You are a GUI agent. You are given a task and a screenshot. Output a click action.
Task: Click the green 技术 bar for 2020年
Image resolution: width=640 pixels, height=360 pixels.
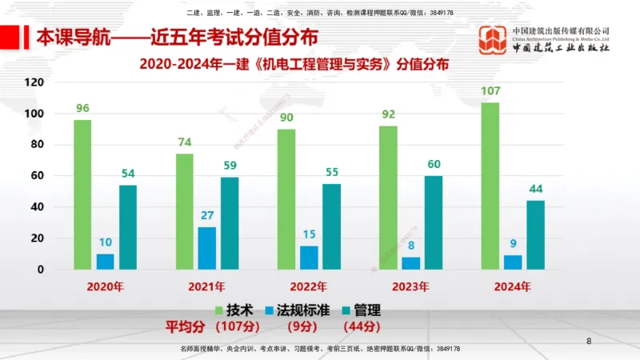pos(82,194)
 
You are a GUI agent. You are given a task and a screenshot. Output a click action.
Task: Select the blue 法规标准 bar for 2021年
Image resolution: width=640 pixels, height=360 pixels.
pos(206,248)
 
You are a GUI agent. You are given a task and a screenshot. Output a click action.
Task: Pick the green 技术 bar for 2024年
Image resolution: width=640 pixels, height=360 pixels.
pos(490,186)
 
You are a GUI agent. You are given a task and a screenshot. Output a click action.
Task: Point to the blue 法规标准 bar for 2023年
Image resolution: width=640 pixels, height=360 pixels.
pos(410,262)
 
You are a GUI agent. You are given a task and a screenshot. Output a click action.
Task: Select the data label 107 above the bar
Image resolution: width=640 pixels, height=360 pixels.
pos(490,91)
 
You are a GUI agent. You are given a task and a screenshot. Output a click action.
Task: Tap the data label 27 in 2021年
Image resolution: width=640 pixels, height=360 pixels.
pos(206,215)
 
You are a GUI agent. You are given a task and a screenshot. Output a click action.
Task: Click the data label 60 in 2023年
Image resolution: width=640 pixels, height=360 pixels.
pos(433,164)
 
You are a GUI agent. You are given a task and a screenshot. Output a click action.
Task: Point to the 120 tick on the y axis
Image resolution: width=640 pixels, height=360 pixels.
pos(34,82)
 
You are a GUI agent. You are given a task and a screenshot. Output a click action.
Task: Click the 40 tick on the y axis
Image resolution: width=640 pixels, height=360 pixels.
pos(37,207)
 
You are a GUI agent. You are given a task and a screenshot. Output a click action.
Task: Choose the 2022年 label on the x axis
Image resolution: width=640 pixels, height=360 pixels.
pos(308,286)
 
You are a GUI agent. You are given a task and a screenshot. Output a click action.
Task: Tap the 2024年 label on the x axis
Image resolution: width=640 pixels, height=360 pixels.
pos(512,286)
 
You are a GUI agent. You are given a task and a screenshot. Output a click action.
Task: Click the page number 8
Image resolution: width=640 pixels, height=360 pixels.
pos(589,342)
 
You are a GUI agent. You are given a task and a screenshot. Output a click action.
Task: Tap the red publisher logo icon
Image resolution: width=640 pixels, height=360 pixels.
pos(492,40)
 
